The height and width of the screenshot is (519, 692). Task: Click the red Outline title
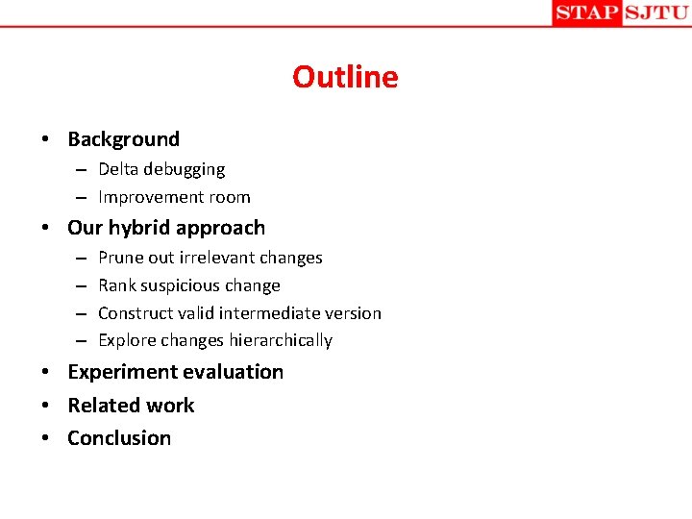coord(345,77)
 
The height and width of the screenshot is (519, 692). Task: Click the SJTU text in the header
coord(655,12)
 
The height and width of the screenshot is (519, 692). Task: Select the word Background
coord(123,139)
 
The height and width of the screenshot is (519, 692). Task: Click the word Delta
coord(118,169)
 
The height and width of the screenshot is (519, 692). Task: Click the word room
coord(231,197)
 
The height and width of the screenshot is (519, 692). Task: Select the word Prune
coord(120,258)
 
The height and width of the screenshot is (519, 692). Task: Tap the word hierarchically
coord(281,340)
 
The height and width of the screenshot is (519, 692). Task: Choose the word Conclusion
coord(119,438)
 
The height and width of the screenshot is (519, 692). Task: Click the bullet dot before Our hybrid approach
coord(46,229)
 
